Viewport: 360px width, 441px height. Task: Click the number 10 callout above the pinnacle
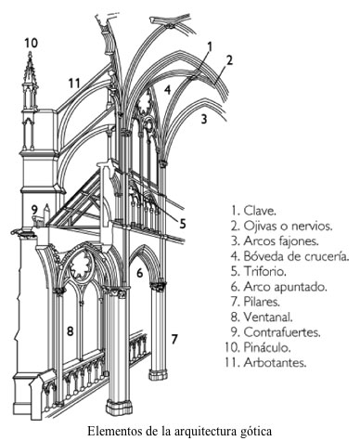(x=32, y=43)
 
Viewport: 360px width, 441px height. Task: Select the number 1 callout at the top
(x=210, y=45)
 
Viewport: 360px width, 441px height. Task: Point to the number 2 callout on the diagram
(x=227, y=60)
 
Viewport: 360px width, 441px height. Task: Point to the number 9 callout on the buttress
(x=33, y=208)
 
